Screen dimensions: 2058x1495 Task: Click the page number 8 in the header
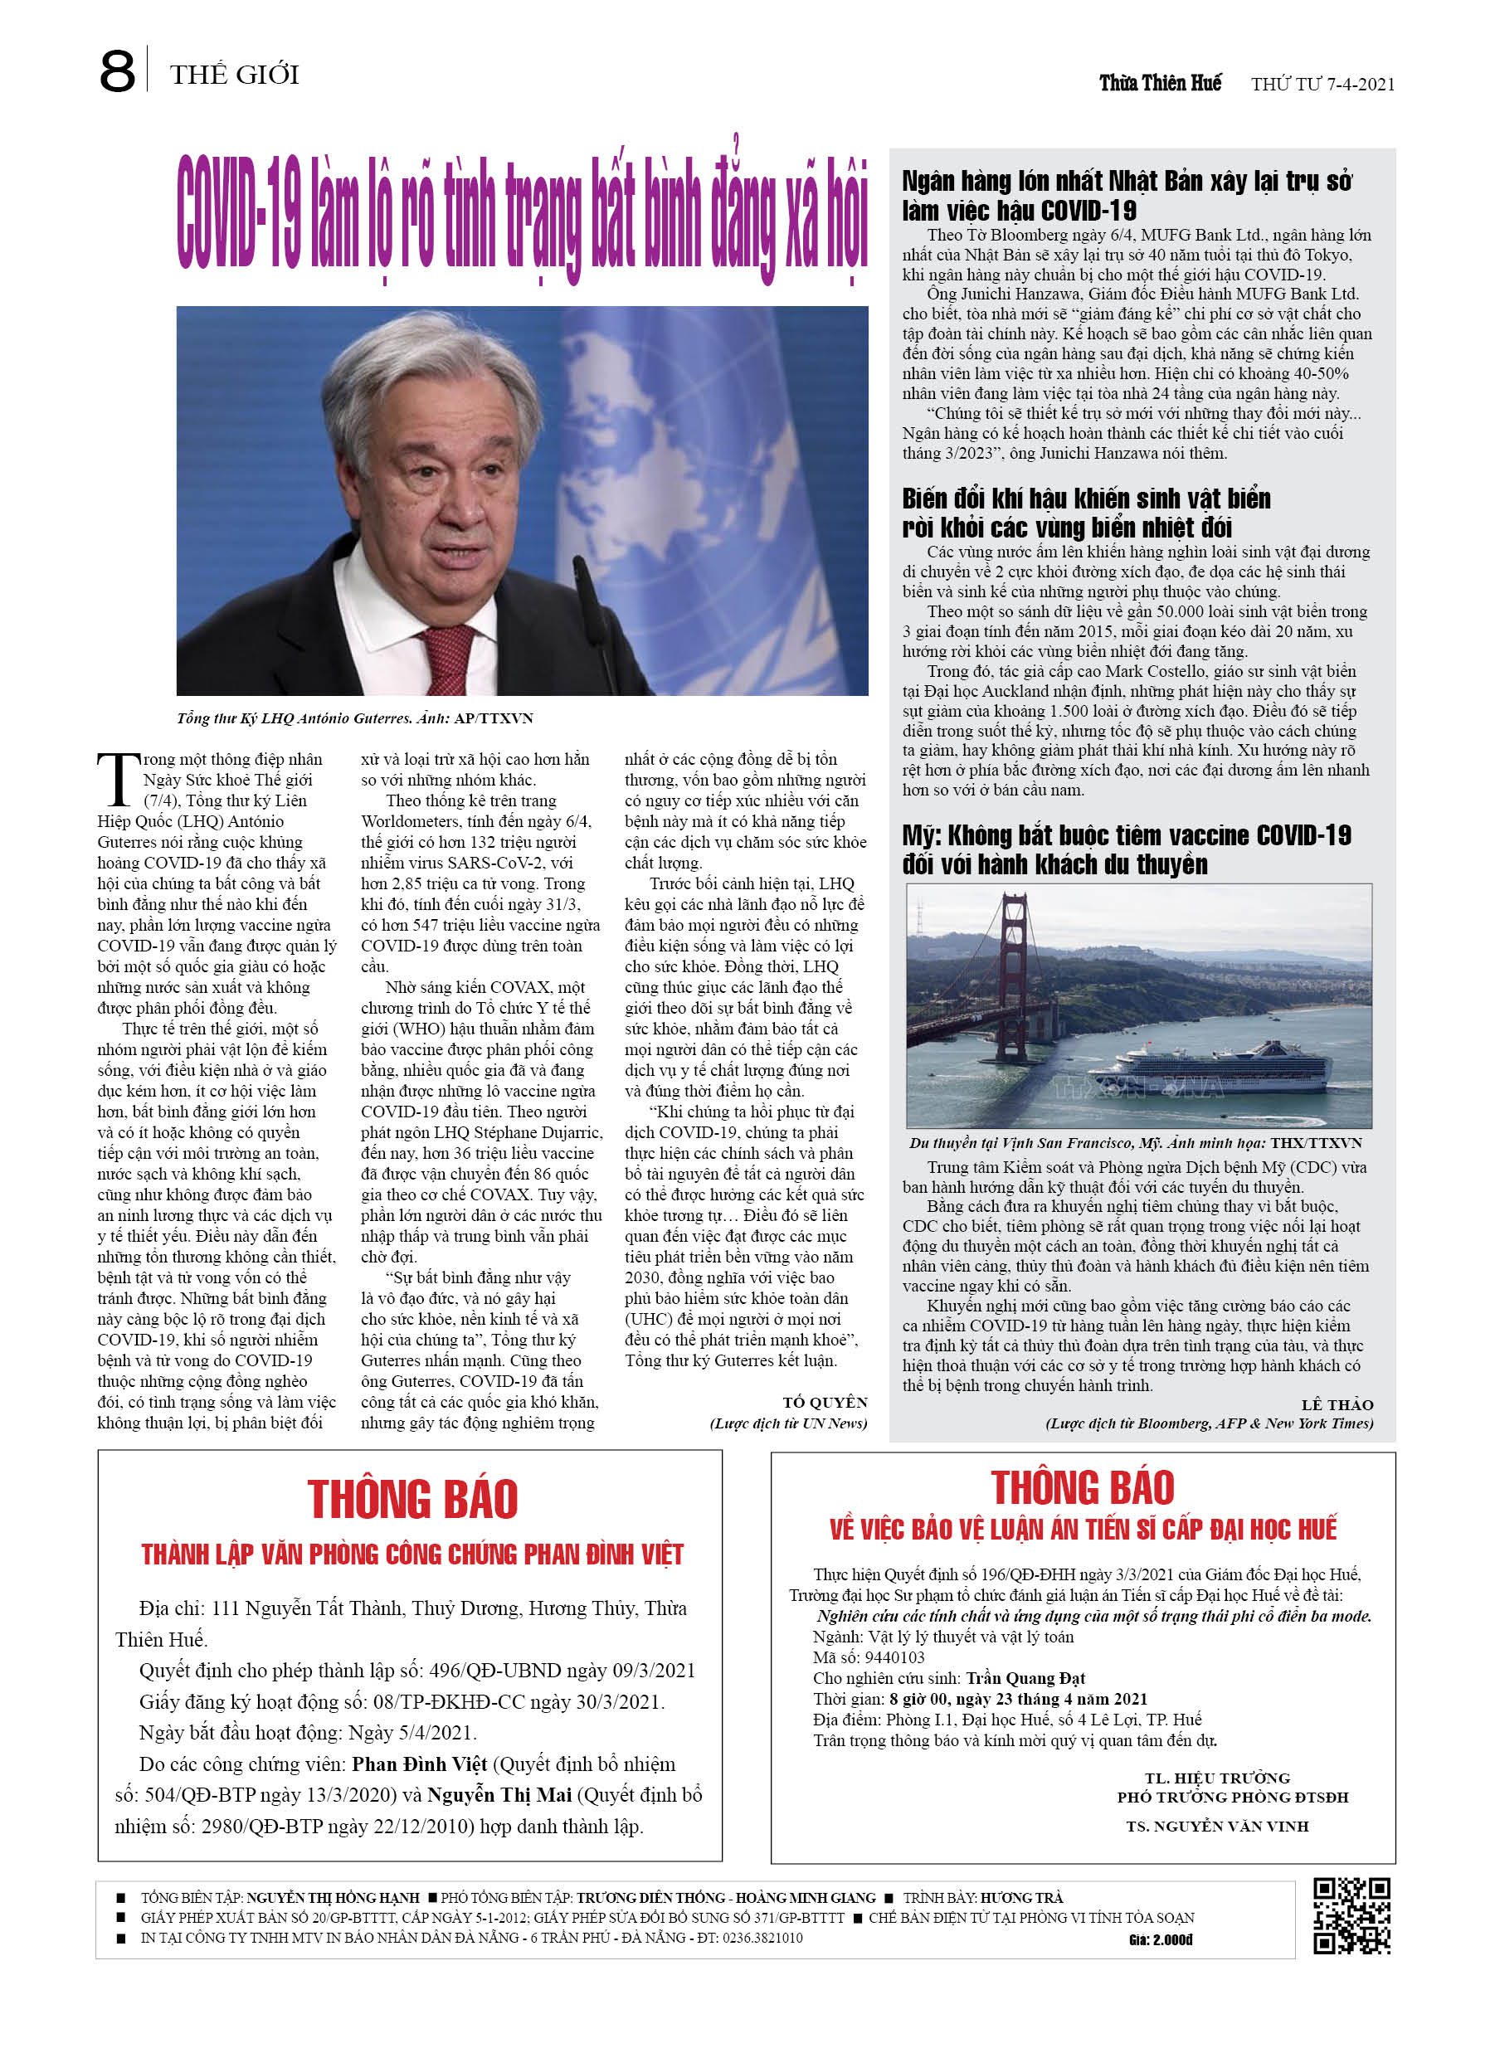pyautogui.click(x=117, y=71)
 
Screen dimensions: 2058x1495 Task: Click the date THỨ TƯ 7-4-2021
pyautogui.click(x=1322, y=85)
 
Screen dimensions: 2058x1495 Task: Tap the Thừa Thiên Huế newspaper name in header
pyautogui.click(x=1159, y=84)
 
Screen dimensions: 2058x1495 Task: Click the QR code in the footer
pyautogui.click(x=1351, y=1915)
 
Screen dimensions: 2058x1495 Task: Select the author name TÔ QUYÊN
pyautogui.click(x=824, y=1402)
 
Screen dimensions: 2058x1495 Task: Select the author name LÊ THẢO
pyautogui.click(x=1337, y=1404)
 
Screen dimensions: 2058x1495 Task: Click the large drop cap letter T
pyautogui.click(x=119, y=779)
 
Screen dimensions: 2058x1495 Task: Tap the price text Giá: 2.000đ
pyautogui.click(x=1160, y=1940)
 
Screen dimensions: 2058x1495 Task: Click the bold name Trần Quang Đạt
pyautogui.click(x=1025, y=1678)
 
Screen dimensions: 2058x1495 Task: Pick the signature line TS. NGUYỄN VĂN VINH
pyautogui.click(x=1216, y=1826)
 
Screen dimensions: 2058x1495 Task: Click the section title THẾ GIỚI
pyautogui.click(x=234, y=75)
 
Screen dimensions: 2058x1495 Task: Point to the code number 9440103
pyautogui.click(x=894, y=1657)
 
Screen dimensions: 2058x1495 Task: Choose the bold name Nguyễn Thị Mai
pyautogui.click(x=499, y=1795)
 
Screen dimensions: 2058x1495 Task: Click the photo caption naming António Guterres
pyautogui.click(x=354, y=718)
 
